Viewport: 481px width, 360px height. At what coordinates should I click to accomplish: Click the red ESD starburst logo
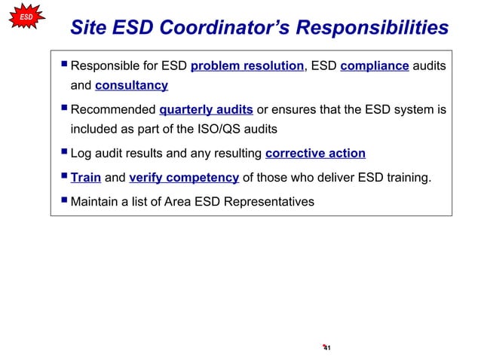tap(26, 16)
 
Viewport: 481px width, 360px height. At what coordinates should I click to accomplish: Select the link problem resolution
tap(247, 66)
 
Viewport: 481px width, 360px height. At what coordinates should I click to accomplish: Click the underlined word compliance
tap(375, 66)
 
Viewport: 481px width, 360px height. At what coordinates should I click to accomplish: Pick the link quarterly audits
tap(206, 110)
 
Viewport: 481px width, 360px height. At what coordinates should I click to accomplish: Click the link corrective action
tap(315, 154)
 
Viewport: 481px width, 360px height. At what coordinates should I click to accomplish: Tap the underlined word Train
tap(86, 178)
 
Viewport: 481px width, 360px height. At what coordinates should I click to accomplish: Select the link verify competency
tap(184, 178)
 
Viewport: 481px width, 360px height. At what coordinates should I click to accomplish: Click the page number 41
tap(327, 348)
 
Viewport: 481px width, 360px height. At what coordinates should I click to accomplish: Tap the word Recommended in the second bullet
tap(112, 110)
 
